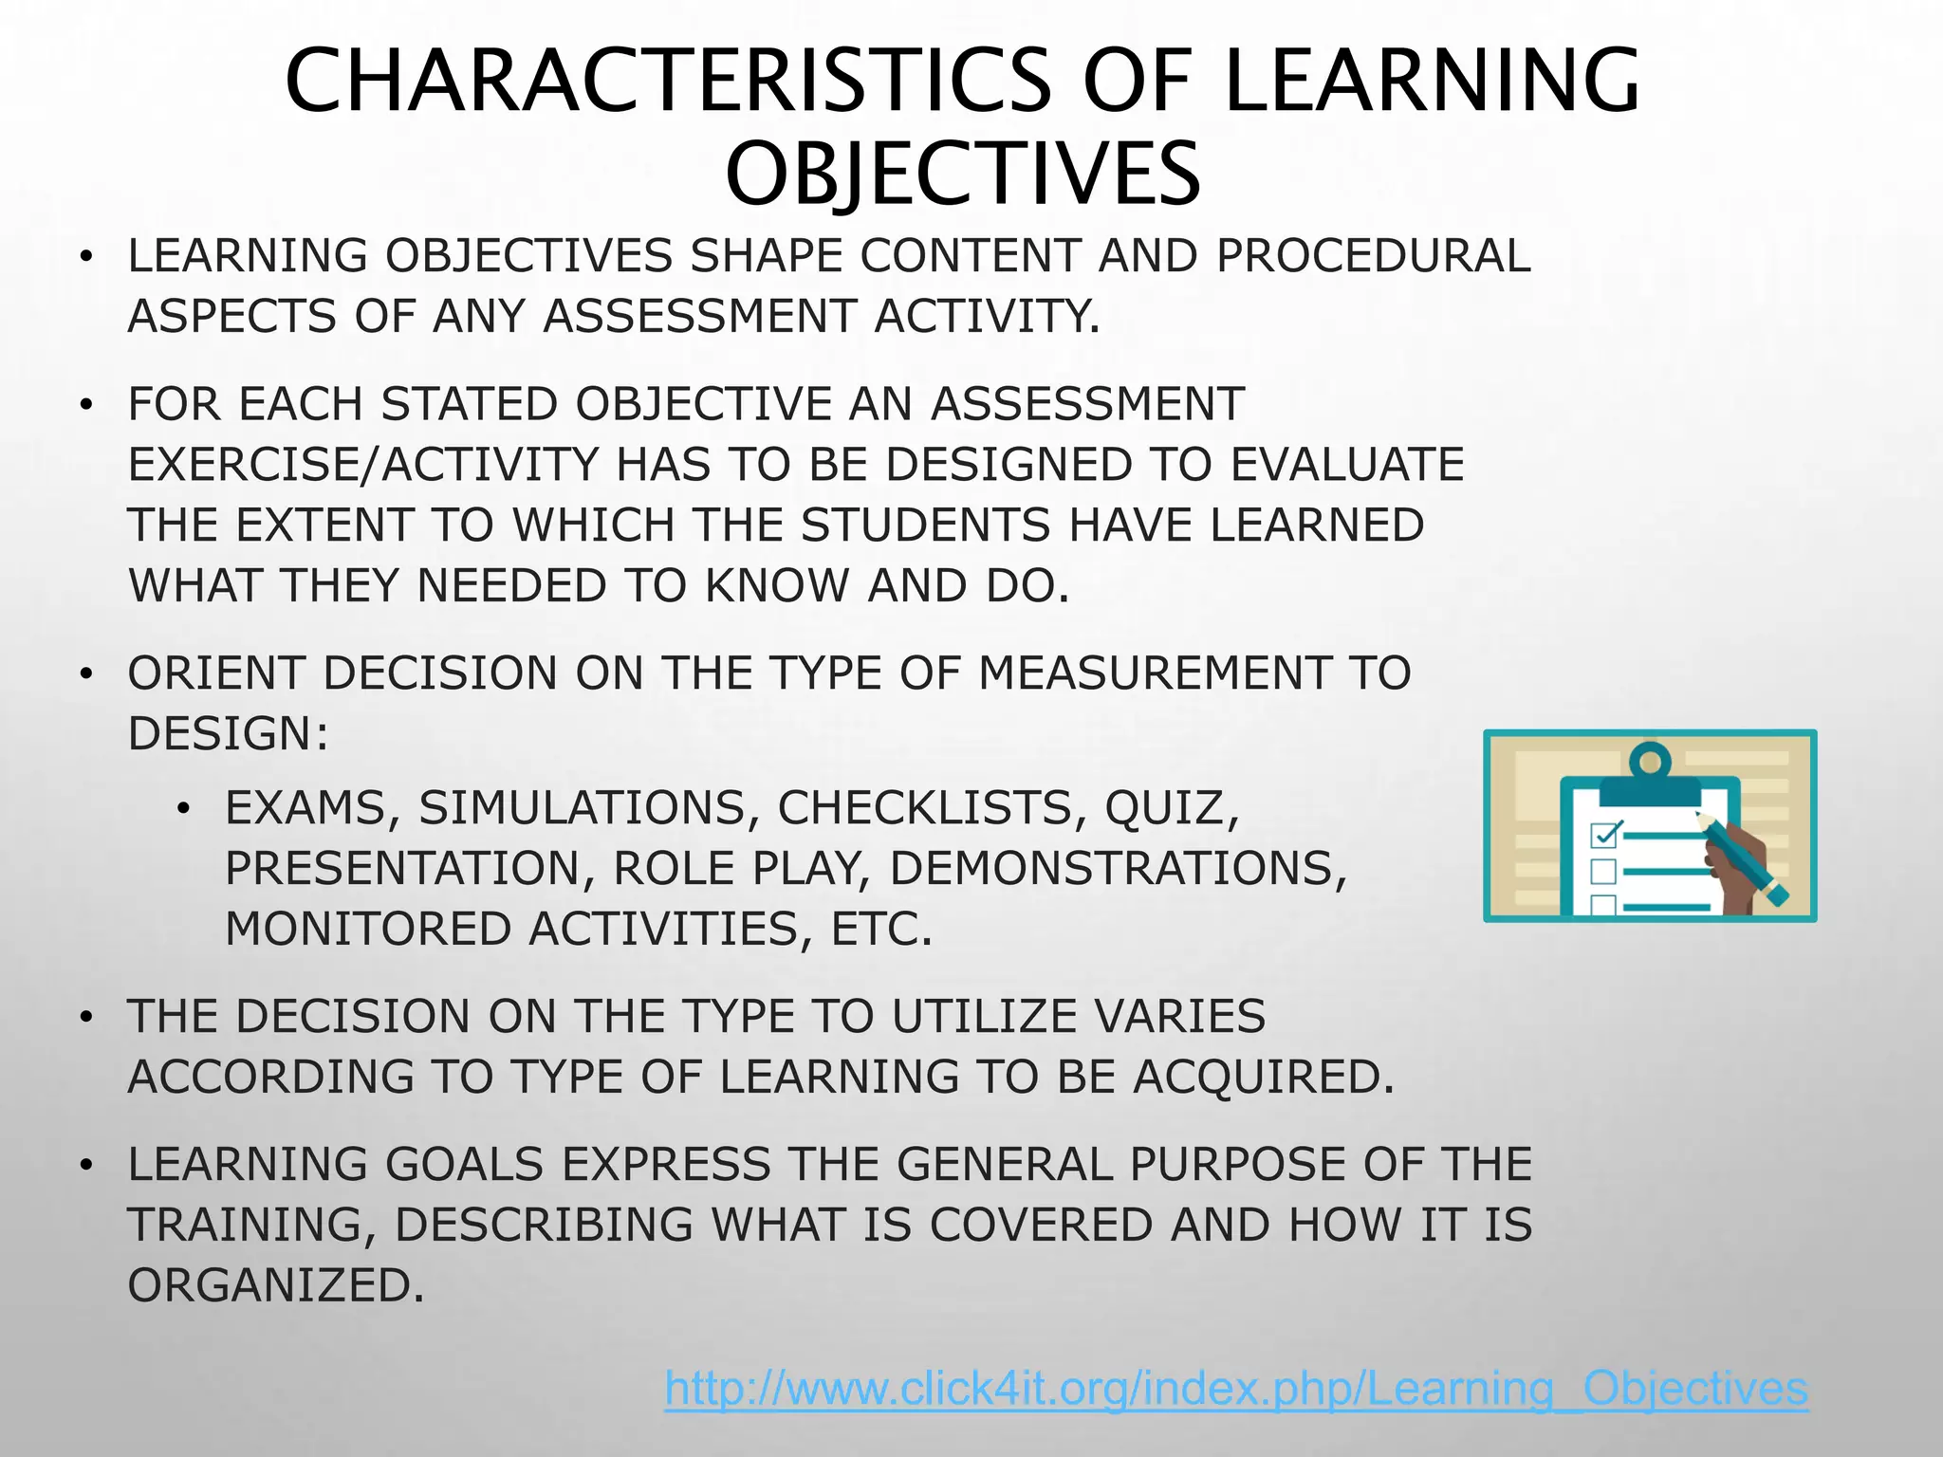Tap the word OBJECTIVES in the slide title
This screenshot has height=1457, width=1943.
tap(963, 175)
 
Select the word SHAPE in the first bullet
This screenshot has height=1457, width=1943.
tap(767, 256)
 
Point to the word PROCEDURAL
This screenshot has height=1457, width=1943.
tap(1373, 256)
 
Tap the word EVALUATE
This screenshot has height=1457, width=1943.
tap(1347, 465)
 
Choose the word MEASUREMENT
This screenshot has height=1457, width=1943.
tap(1154, 673)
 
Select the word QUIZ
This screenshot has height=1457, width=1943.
tap(1171, 808)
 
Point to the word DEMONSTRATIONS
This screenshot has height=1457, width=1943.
tap(1118, 869)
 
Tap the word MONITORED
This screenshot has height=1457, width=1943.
tap(367, 930)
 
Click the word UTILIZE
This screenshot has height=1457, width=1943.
tap(983, 1017)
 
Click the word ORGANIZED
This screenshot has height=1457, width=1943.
tap(276, 1286)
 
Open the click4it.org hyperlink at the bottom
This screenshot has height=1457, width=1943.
tap(1236, 1389)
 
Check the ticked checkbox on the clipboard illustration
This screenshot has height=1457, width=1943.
tap(1604, 835)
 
